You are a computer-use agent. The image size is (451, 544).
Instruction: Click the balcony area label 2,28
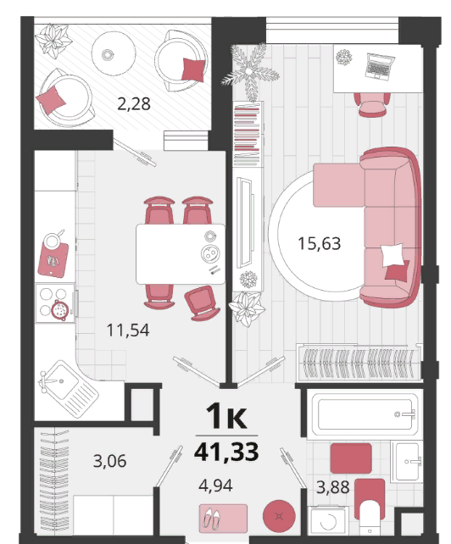coord(134,103)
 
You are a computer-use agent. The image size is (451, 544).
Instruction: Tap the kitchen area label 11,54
coord(128,330)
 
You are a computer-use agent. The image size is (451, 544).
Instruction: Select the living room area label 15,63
coord(319,243)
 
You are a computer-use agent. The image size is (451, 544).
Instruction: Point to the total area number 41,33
coord(226,452)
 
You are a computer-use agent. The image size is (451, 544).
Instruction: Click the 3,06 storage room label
coord(109,461)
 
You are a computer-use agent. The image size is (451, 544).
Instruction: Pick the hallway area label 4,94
coord(215,486)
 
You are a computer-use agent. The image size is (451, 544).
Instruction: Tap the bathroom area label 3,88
coord(332,487)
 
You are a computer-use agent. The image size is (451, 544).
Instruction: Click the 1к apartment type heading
coord(226,416)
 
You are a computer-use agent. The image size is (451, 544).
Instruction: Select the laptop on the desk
coord(380,67)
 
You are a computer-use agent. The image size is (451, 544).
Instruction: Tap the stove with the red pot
coord(56,303)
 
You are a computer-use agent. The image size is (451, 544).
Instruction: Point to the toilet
coord(370,505)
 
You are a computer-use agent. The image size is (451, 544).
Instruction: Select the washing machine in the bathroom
coord(327,520)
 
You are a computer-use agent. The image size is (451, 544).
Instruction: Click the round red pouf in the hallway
coord(279,516)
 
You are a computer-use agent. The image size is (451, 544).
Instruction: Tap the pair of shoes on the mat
coord(211,519)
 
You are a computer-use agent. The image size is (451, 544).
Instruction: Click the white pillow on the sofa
coord(393,255)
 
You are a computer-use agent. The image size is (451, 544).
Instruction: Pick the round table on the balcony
coord(114,53)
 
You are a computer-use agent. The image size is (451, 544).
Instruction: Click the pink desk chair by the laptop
coord(372,105)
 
